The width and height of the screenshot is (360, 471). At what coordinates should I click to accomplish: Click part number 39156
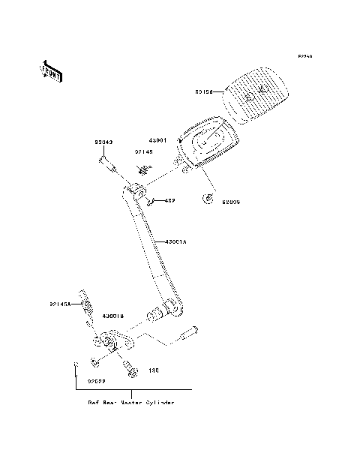click(205, 92)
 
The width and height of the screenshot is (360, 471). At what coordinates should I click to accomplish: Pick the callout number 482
click(169, 201)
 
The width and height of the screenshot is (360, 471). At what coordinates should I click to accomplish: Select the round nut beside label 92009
click(208, 199)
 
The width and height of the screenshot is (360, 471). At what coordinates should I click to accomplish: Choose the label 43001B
click(114, 316)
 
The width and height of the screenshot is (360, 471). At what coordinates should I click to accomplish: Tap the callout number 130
click(153, 370)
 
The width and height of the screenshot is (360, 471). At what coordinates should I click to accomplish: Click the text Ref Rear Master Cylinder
click(131, 403)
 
